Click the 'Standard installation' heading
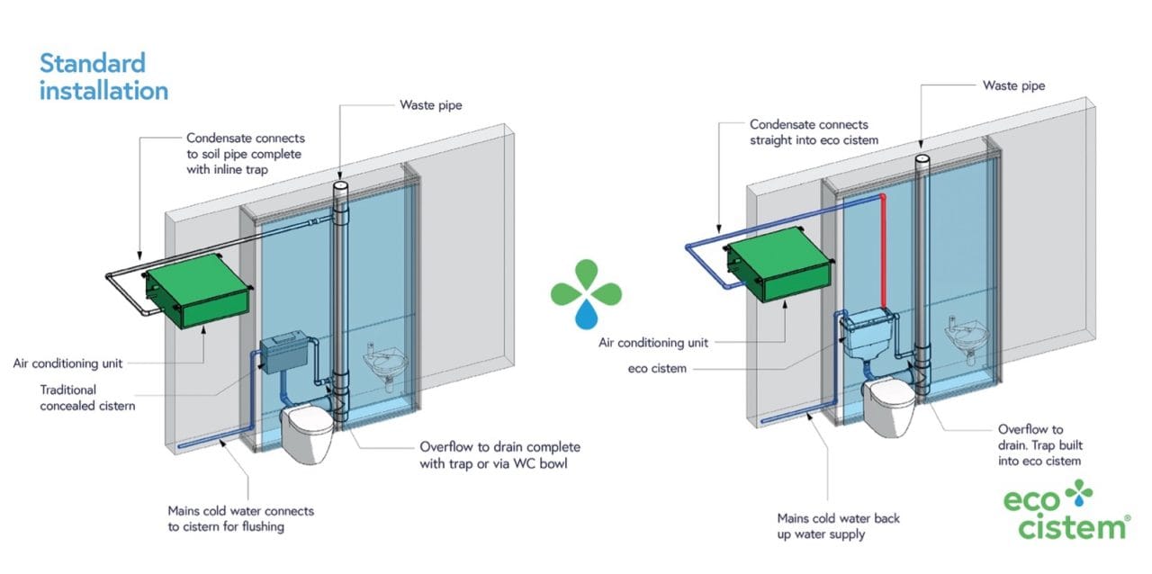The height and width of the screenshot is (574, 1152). pos(103,77)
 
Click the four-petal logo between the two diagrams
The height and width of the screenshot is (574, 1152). pos(586,292)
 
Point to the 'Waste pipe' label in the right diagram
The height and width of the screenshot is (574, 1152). pos(1013,86)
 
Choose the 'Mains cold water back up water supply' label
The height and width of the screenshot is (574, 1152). pos(838,526)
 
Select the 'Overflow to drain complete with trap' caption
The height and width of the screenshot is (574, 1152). pos(499,455)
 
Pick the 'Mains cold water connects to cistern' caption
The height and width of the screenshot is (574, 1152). pos(241,519)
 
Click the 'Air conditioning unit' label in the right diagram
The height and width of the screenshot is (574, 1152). pos(653,343)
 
